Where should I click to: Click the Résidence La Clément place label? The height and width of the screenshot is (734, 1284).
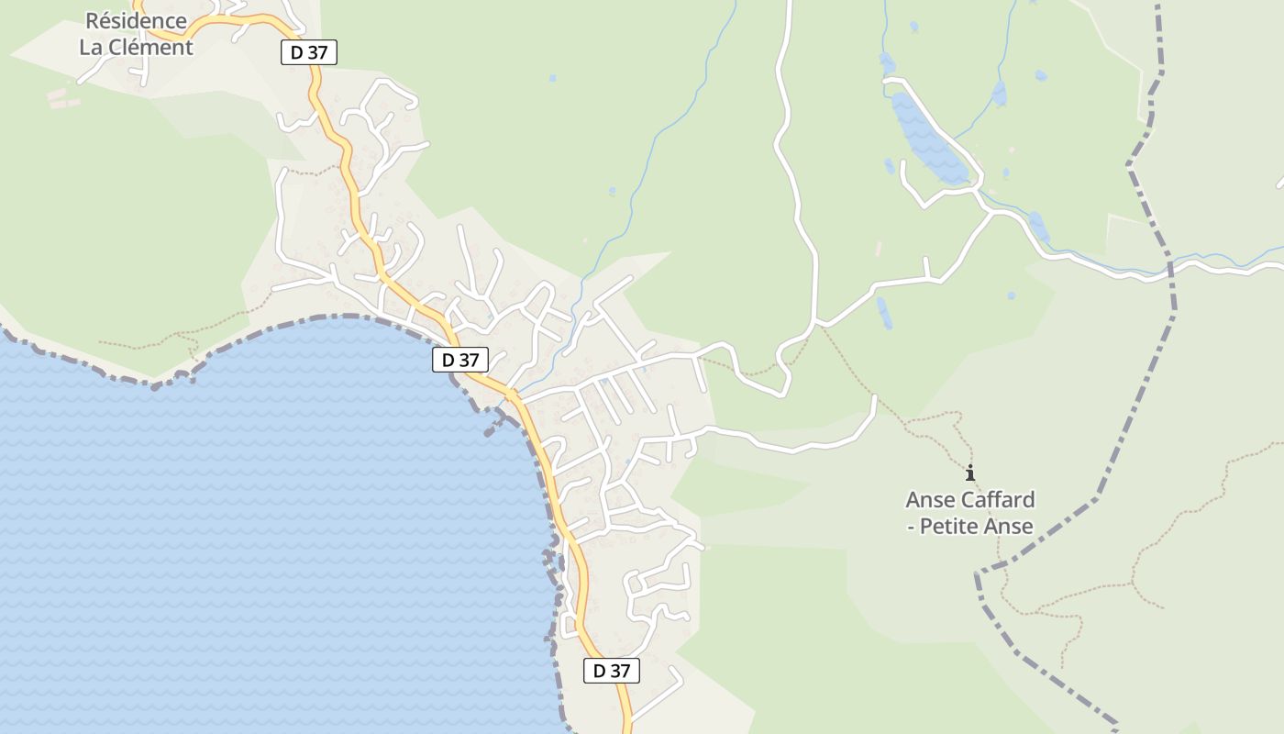136,34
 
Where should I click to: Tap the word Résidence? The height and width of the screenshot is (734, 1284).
136,20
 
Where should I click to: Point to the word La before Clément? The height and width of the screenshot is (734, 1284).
92,48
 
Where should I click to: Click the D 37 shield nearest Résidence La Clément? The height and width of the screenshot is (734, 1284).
309,52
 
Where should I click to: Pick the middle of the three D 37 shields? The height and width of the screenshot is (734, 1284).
460,360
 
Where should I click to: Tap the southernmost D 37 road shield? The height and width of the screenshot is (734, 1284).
612,671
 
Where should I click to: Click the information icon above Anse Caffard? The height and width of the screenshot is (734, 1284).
970,473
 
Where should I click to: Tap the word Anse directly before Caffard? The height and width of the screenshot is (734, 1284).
930,500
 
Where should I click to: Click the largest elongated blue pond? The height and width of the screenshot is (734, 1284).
928,138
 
